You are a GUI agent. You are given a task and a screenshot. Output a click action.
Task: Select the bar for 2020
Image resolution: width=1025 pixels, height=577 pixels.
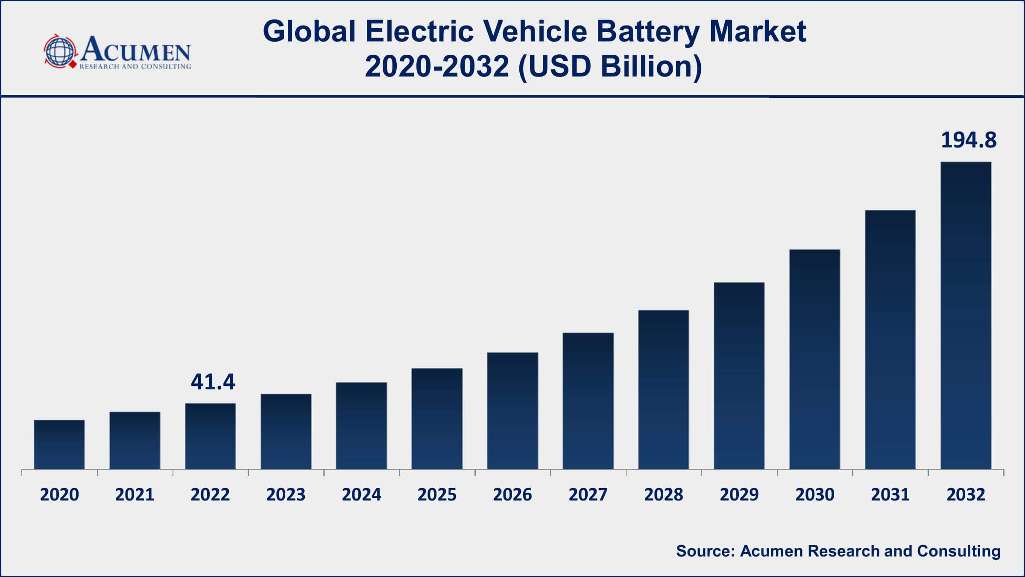pos(59,445)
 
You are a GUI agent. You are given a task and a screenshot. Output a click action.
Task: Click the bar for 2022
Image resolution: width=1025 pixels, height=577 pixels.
pos(211,436)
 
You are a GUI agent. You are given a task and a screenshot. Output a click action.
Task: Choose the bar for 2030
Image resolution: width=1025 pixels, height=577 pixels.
pos(814,359)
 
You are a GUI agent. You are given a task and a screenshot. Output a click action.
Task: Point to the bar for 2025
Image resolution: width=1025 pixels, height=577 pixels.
pos(437,419)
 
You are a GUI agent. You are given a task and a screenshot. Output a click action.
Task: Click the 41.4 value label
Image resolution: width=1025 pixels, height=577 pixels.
pos(213,382)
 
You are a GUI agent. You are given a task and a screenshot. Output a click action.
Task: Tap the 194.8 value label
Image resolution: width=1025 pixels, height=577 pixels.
pos(969,140)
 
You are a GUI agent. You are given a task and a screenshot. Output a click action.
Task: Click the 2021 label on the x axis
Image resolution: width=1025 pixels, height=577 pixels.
pos(135,495)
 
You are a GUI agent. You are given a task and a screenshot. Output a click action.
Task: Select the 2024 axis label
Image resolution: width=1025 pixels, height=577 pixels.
pos(361,495)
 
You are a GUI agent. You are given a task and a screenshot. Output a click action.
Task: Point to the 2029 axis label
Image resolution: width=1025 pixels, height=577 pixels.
pos(739,495)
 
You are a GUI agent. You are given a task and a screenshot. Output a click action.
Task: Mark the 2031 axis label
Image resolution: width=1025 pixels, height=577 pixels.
pos(890,495)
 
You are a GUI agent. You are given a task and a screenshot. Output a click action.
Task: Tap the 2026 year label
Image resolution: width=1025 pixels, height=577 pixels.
pos(512,495)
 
